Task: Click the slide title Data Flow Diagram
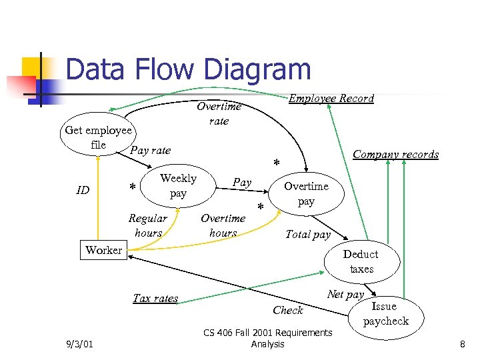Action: (189, 70)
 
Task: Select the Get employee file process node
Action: (99, 137)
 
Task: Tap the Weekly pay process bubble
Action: (178, 186)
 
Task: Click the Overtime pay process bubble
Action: (306, 193)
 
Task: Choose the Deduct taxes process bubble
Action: (361, 261)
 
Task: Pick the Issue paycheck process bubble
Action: (385, 313)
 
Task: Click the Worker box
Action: (103, 250)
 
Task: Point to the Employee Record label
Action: (331, 99)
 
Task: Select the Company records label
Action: (395, 155)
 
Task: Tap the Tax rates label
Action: (155, 298)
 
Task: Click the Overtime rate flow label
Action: (219, 113)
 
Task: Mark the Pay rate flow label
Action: (151, 150)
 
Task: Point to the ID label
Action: (83, 191)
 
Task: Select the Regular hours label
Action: (148, 225)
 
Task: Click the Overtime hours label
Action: (223, 225)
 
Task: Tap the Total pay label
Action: (307, 234)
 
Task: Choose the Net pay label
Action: (345, 294)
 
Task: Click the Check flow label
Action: (288, 310)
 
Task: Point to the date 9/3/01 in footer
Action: (81, 344)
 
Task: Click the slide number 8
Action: (461, 344)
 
